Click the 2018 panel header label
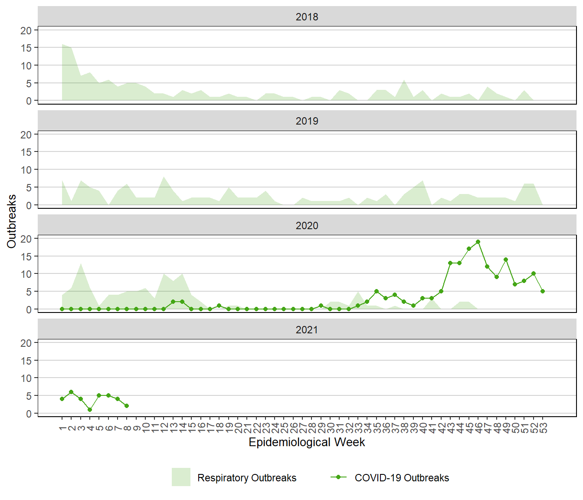coord(307,17)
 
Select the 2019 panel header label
coord(307,121)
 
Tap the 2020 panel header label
coord(307,226)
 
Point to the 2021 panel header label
coord(307,330)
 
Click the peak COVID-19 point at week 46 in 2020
coord(478,242)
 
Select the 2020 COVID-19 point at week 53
coord(543,291)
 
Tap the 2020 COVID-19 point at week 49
coord(506,260)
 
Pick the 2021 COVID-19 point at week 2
coord(71,392)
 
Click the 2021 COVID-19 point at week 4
coord(90,410)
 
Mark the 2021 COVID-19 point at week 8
coord(127,406)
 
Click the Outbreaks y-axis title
coord(12,221)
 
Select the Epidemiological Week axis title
coord(307,442)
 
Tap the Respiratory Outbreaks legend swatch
coord(181,477)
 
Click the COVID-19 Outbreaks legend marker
coord(338,477)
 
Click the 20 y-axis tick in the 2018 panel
coord(26,30)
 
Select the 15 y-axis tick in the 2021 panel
coord(26,361)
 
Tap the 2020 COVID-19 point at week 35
coord(377,291)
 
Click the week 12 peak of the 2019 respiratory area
coord(164,177)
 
